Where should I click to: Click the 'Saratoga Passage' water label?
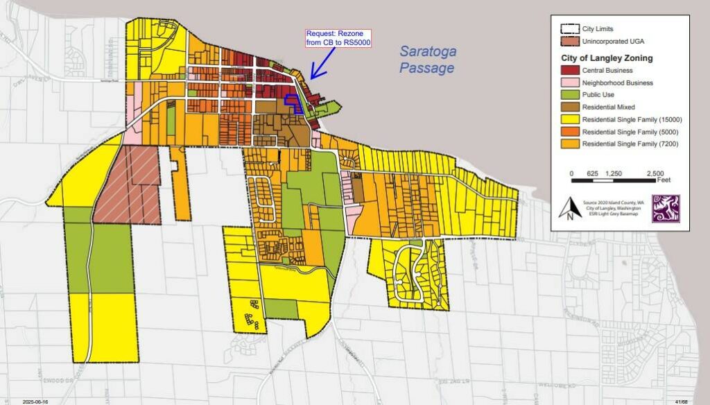pyautogui.click(x=426, y=59)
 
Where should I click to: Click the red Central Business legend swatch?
pyautogui.click(x=570, y=70)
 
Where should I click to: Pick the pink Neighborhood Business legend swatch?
pyautogui.click(x=570, y=83)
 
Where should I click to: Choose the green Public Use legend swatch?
pyautogui.click(x=570, y=95)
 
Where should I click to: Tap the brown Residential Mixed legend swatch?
pyautogui.click(x=570, y=107)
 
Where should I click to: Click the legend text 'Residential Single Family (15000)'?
pyautogui.click(x=631, y=119)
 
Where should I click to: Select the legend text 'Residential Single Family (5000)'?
pyautogui.click(x=629, y=132)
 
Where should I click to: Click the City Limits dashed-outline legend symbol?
pyautogui.click(x=570, y=29)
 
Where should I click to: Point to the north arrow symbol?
pyautogui.click(x=570, y=207)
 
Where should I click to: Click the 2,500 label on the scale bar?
pyautogui.click(x=655, y=173)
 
